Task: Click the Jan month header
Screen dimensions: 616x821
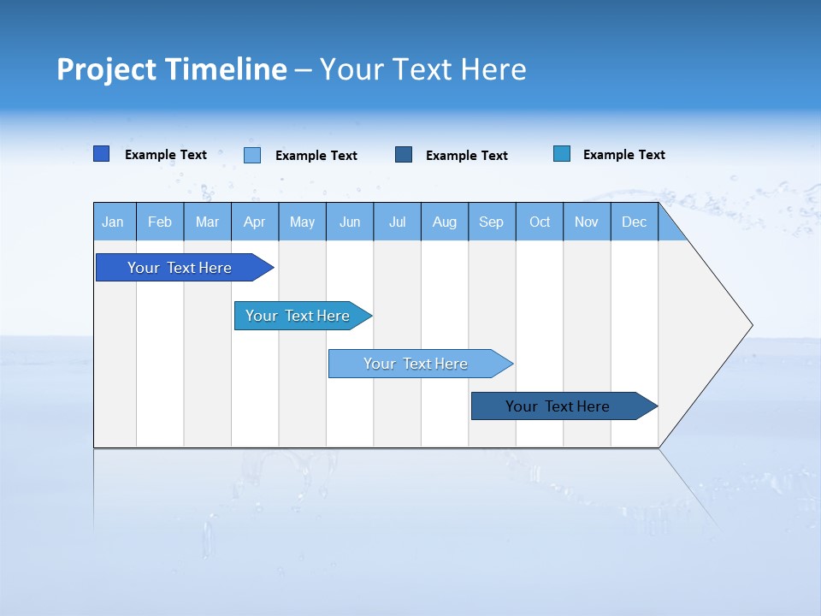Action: click(x=114, y=222)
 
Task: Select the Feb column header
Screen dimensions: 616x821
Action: click(x=160, y=222)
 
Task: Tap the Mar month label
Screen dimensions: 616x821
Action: click(x=207, y=222)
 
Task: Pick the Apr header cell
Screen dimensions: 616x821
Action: click(x=255, y=222)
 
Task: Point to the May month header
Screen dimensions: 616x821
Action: click(x=302, y=222)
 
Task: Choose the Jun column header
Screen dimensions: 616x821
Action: click(x=350, y=222)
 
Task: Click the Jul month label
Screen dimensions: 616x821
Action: click(x=397, y=222)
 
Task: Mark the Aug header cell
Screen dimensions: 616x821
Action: click(x=445, y=222)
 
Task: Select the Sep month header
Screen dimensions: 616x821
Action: click(x=492, y=222)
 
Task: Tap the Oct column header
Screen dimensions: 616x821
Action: click(x=540, y=222)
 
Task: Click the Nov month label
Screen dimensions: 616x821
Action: click(x=587, y=222)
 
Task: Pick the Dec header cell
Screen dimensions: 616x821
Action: click(x=635, y=222)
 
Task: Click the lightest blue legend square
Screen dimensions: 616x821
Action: click(x=252, y=155)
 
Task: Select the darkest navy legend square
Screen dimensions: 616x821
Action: click(x=404, y=154)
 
